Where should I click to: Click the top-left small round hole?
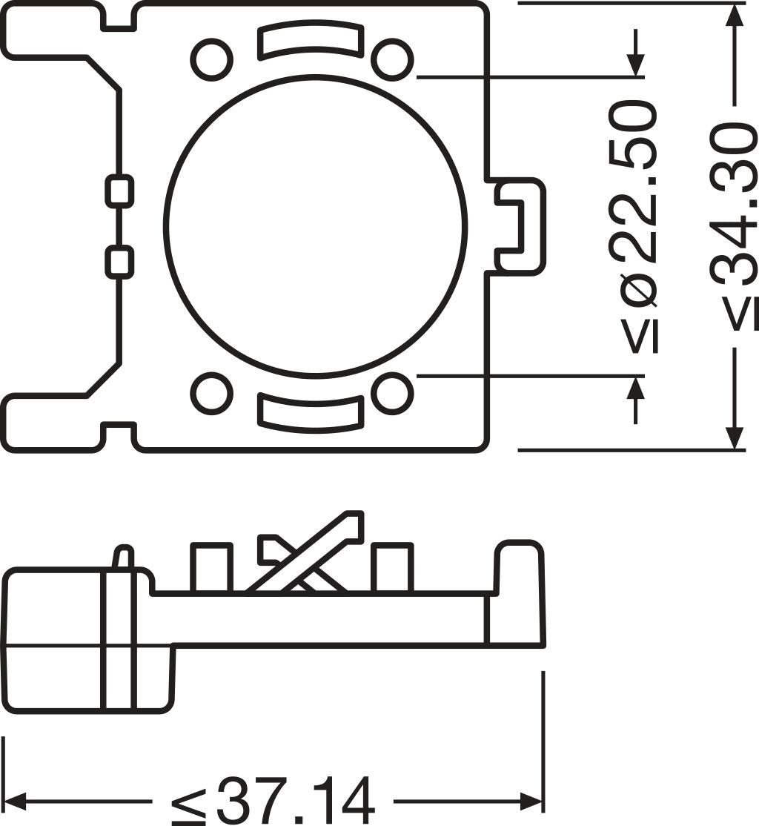click(211, 60)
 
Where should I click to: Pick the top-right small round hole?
click(391, 60)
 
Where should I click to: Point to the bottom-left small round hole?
click(211, 394)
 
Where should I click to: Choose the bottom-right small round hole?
click(391, 394)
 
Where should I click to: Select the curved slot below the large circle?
click(311, 412)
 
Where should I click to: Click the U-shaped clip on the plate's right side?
click(520, 226)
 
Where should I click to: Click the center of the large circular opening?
click(315, 226)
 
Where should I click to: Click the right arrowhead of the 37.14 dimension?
click(532, 801)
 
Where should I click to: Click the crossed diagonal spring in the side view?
click(304, 556)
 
